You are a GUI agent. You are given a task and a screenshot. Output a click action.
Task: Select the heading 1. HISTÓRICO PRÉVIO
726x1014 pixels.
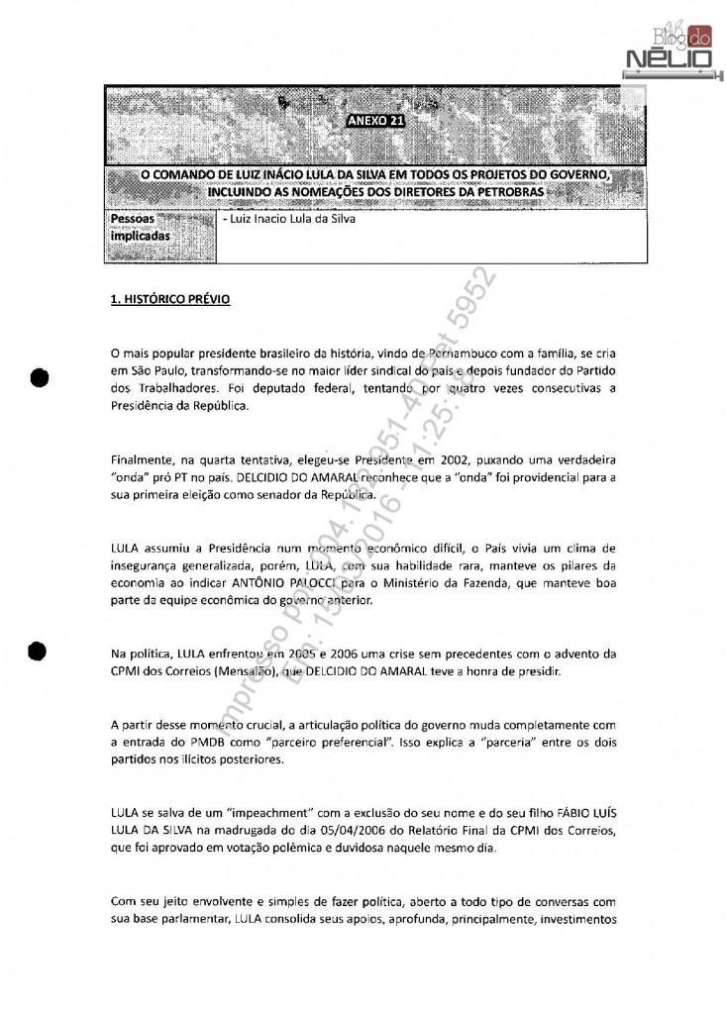(170, 297)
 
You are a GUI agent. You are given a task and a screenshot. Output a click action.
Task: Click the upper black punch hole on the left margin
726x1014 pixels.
(40, 377)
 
